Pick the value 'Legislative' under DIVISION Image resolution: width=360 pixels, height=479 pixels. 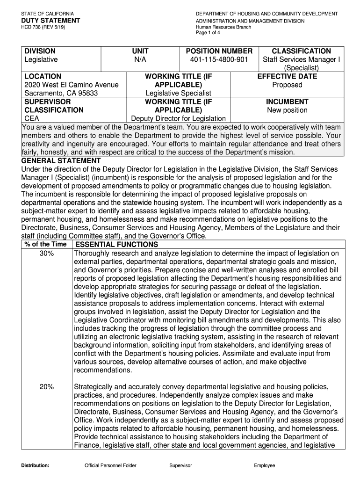pos(41,59)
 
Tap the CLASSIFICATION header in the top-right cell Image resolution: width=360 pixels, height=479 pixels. pos(301,51)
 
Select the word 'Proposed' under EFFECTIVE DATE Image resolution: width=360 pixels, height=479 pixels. pos(287,85)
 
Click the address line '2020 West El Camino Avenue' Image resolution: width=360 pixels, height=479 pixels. pos(71,85)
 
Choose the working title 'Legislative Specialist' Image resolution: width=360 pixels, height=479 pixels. pos(178,93)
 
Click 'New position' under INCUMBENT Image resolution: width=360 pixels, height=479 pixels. pos(287,110)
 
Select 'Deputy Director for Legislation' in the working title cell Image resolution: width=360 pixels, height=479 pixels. pos(178,118)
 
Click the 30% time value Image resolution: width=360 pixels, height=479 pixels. pos(46,253)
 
